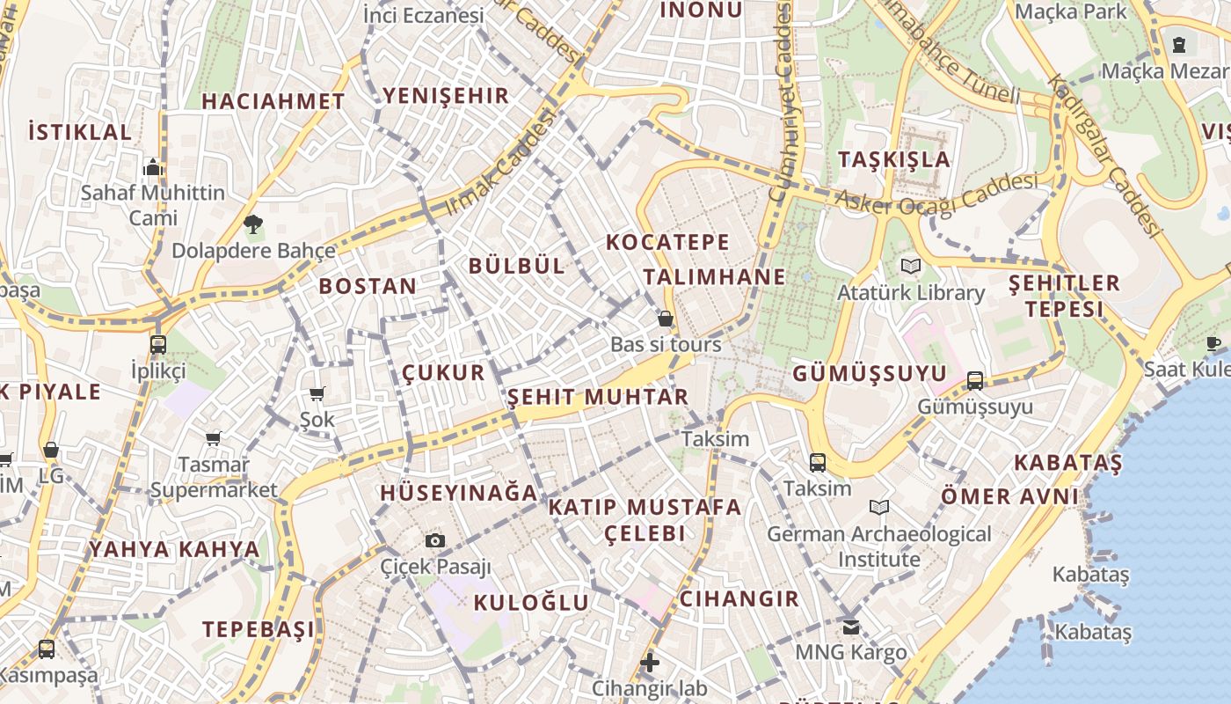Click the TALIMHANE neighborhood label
click(714, 276)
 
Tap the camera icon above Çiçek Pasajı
click(435, 540)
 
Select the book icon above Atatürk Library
click(911, 266)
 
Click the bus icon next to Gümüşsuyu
click(974, 380)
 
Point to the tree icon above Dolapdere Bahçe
click(253, 224)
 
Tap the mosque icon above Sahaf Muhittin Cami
click(153, 166)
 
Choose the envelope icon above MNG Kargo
click(850, 627)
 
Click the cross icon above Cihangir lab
click(649, 662)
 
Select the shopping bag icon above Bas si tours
click(666, 318)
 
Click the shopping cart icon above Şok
click(317, 393)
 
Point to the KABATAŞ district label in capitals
click(1068, 463)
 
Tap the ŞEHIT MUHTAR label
click(598, 397)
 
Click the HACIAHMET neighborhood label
click(273, 101)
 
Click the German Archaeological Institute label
click(878, 546)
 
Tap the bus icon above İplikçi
click(158, 344)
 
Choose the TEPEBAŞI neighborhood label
click(259, 629)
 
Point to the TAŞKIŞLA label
click(894, 159)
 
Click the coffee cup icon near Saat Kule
click(1214, 343)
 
